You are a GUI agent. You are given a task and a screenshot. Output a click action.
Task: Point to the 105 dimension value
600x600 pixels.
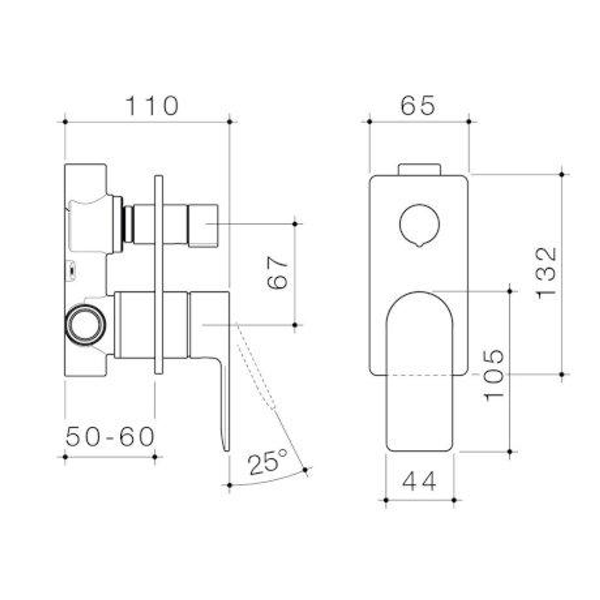pyautogui.click(x=494, y=374)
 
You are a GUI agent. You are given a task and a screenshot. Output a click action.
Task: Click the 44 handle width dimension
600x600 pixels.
pyautogui.click(x=419, y=481)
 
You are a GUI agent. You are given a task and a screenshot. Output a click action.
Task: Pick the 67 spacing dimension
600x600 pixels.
pyautogui.click(x=278, y=273)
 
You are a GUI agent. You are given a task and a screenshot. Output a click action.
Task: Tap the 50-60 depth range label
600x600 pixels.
pyautogui.click(x=110, y=437)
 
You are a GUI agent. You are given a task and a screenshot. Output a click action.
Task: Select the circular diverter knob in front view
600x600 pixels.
pyautogui.click(x=419, y=224)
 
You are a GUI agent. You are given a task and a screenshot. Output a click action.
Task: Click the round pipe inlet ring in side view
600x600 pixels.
pyautogui.click(x=84, y=324)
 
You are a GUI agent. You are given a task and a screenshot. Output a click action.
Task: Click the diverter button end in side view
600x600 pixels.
pyautogui.click(x=203, y=225)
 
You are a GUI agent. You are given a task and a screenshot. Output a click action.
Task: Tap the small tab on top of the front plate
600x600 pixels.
pyautogui.click(x=419, y=169)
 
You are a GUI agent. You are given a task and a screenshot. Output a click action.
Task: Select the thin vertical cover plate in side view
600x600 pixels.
pyautogui.click(x=159, y=275)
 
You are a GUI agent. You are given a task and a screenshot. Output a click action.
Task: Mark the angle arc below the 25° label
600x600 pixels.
pyautogui.click(x=267, y=481)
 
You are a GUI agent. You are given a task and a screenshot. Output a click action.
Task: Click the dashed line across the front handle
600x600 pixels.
pyautogui.click(x=419, y=375)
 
